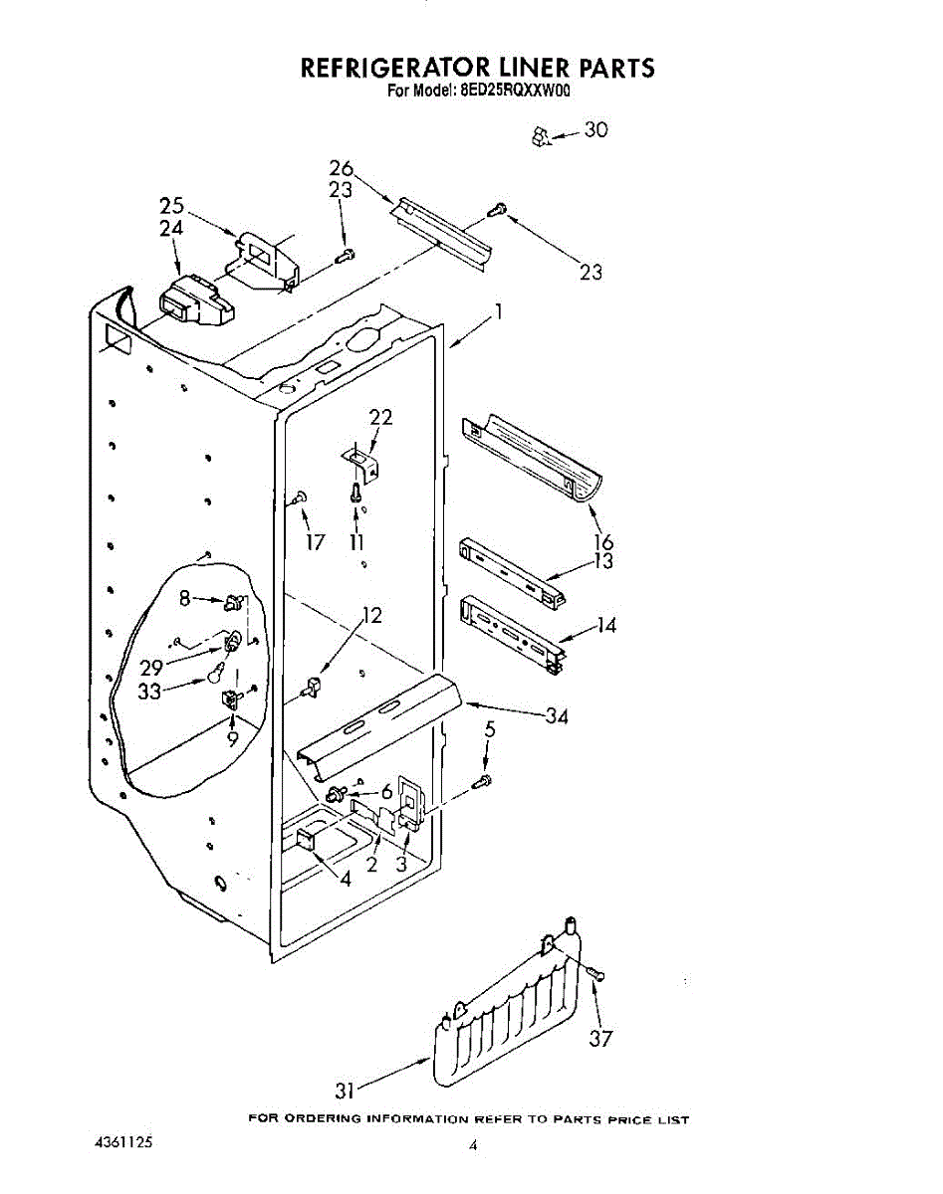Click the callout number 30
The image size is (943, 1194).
595,129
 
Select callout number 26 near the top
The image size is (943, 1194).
342,169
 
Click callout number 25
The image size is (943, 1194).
172,206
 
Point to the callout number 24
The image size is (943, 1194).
172,228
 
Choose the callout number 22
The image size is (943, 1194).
379,417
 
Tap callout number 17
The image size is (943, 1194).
317,543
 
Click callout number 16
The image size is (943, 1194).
603,542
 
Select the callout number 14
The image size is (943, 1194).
606,625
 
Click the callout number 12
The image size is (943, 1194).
371,615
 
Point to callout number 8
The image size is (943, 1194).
184,598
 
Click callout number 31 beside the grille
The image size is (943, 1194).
345,1091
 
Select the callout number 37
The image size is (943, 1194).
599,1039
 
